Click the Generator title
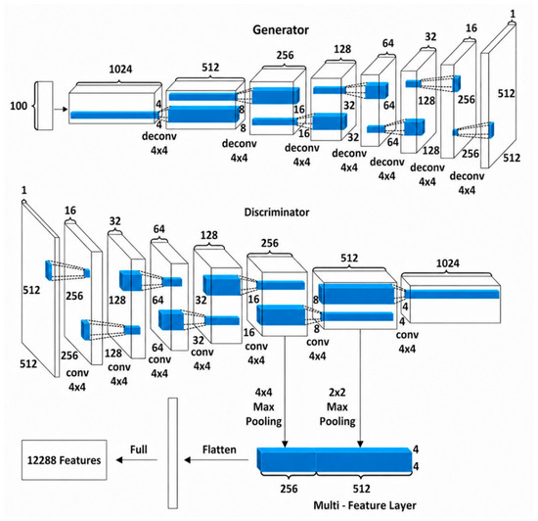click(x=281, y=30)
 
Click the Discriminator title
click(x=277, y=212)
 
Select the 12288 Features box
click(x=65, y=460)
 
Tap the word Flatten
click(x=219, y=450)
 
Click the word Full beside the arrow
click(x=139, y=450)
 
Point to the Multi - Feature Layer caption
click(x=365, y=505)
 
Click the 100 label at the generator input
click(x=19, y=106)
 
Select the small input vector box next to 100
click(x=44, y=106)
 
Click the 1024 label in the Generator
click(x=120, y=70)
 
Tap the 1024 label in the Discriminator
click(x=447, y=263)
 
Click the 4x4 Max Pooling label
click(x=263, y=406)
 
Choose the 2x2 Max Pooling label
click(x=337, y=406)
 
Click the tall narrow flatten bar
click(x=173, y=453)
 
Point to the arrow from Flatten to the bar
click(x=216, y=460)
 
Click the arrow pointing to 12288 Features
click(x=137, y=460)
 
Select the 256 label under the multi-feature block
click(x=289, y=489)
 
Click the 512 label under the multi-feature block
click(x=362, y=489)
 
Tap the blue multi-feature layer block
click(x=335, y=460)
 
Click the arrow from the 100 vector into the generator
click(x=61, y=110)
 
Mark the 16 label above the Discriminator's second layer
click(x=70, y=211)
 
